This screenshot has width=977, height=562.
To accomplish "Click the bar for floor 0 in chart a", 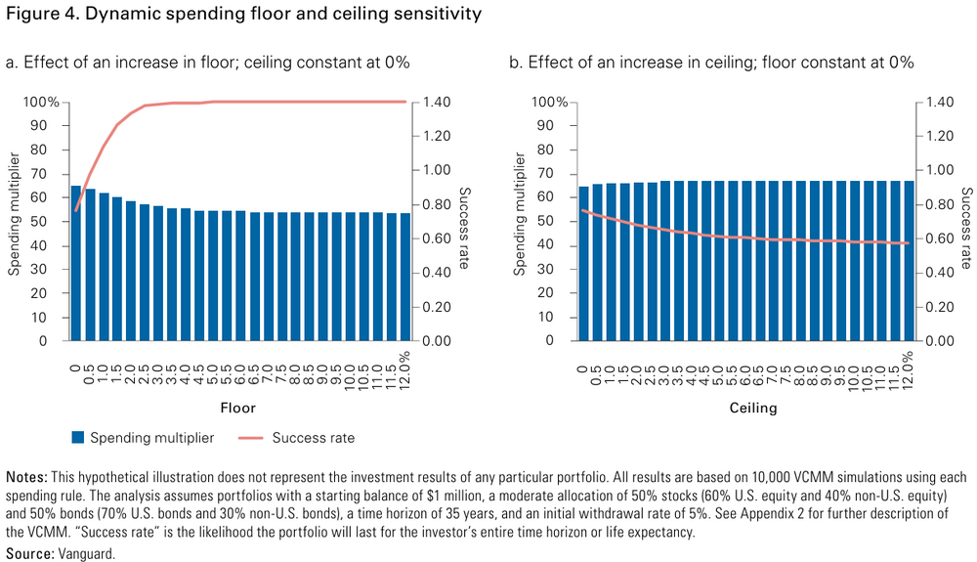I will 76,263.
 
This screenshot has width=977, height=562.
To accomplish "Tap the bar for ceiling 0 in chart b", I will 584,263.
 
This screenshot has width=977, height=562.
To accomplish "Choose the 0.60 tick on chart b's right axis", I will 933,238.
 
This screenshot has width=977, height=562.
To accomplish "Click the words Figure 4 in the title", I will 37,16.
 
